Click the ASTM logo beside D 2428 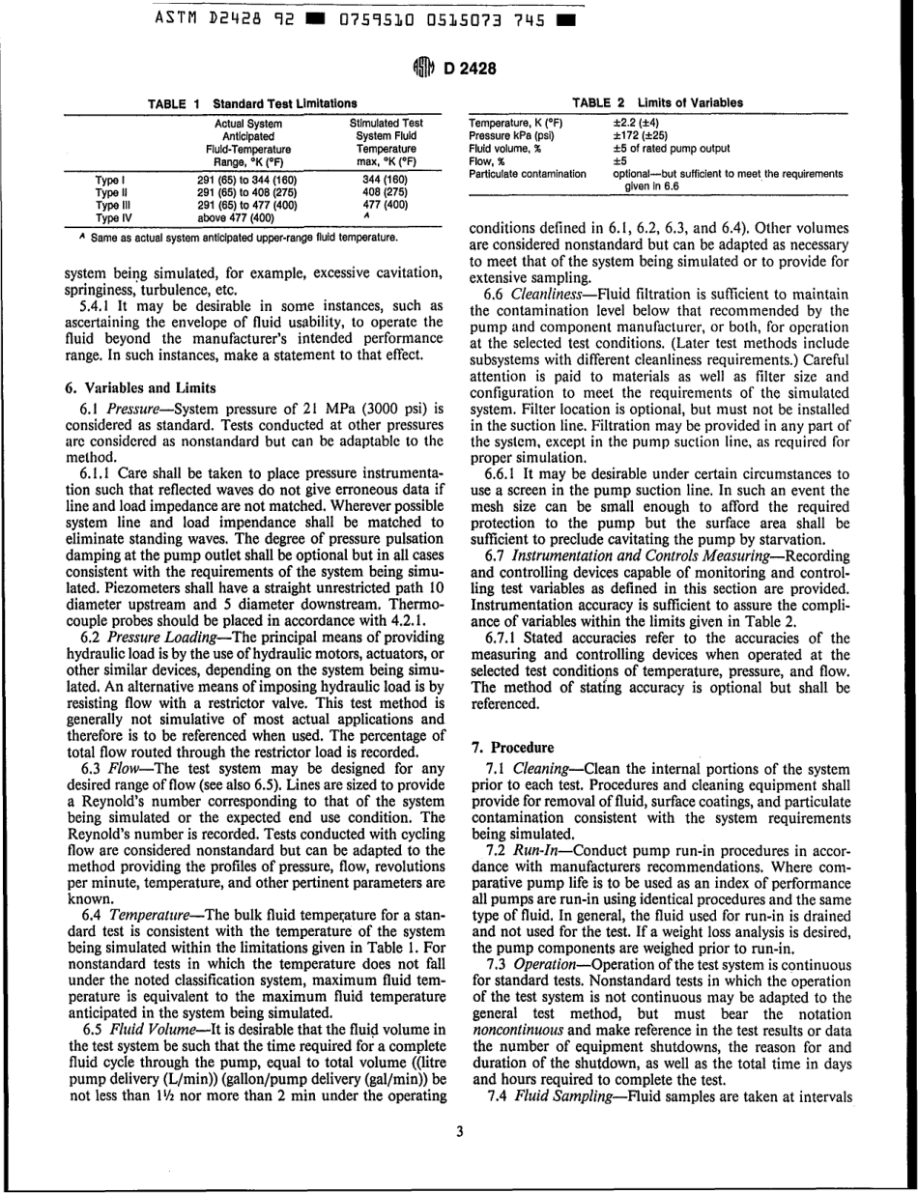tap(424, 67)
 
